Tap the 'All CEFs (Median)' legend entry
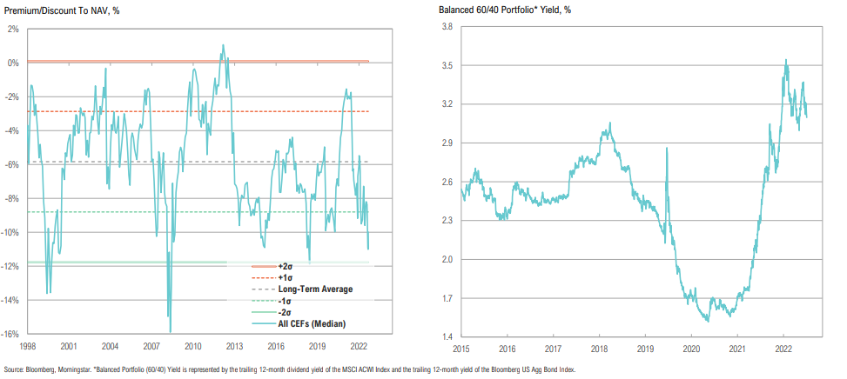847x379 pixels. coord(310,323)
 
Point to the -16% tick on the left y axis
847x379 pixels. coord(13,334)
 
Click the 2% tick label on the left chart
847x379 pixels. coord(15,29)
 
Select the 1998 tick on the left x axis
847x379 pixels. coord(26,344)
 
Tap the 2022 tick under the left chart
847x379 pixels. coord(358,344)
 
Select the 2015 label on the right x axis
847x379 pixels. coord(462,349)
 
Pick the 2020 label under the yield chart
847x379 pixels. coord(691,349)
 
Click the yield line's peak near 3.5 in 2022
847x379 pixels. coord(786,60)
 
